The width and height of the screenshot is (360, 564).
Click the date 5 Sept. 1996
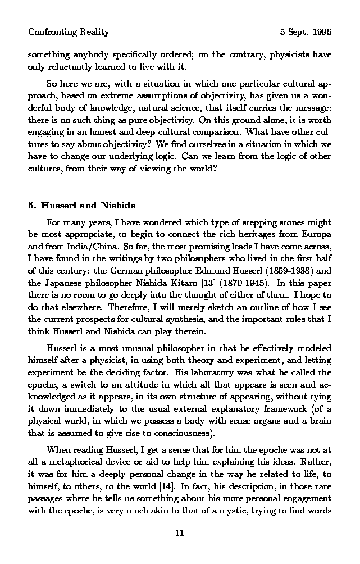point(306,33)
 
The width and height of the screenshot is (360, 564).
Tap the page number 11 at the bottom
point(180,533)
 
